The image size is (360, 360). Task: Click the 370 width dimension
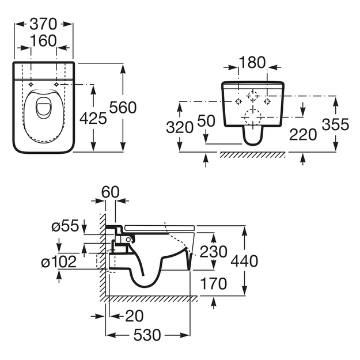[43, 24]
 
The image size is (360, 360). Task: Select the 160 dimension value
[43, 41]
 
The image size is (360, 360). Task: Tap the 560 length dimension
[123, 107]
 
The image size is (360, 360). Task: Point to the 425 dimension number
[93, 119]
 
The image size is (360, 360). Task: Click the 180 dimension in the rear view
[252, 62]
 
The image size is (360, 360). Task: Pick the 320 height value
[180, 127]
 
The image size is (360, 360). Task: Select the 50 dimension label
[206, 121]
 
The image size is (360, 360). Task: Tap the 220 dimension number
[303, 135]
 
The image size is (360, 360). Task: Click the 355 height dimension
[335, 124]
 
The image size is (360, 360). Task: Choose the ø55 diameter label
[65, 226]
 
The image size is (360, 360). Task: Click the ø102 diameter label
[59, 262]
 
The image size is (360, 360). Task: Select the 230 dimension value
[214, 252]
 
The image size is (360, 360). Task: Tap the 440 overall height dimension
[244, 261]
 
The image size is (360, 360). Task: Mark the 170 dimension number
[214, 283]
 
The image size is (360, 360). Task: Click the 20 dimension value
[135, 316]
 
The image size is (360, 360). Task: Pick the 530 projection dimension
[147, 335]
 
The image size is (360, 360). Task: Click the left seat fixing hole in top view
[31, 85]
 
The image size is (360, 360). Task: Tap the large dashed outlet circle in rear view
[253, 117]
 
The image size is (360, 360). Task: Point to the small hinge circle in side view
[128, 240]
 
